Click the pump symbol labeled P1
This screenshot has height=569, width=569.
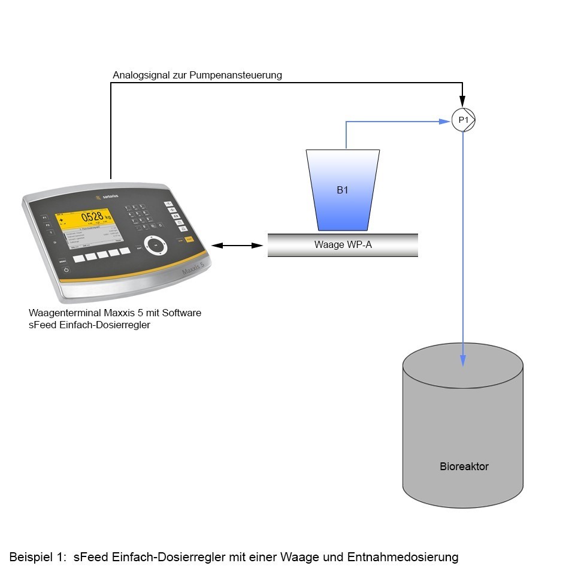tap(463, 121)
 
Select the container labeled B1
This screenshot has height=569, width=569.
tap(343, 190)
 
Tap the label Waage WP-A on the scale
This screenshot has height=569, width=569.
tap(343, 244)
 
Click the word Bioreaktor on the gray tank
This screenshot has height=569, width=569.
tap(464, 466)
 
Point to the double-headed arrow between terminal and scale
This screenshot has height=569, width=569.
tap(238, 245)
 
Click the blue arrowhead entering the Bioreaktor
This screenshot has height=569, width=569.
tap(463, 359)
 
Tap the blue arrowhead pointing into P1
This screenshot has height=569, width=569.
tap(444, 122)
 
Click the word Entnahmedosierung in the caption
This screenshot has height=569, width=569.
tap(408, 557)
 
